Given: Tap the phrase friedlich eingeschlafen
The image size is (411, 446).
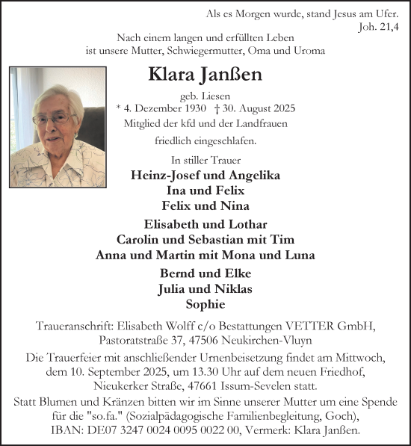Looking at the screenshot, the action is pyautogui.click(x=205, y=140).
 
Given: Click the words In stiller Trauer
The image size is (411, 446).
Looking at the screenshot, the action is pyautogui.click(x=205, y=160).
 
